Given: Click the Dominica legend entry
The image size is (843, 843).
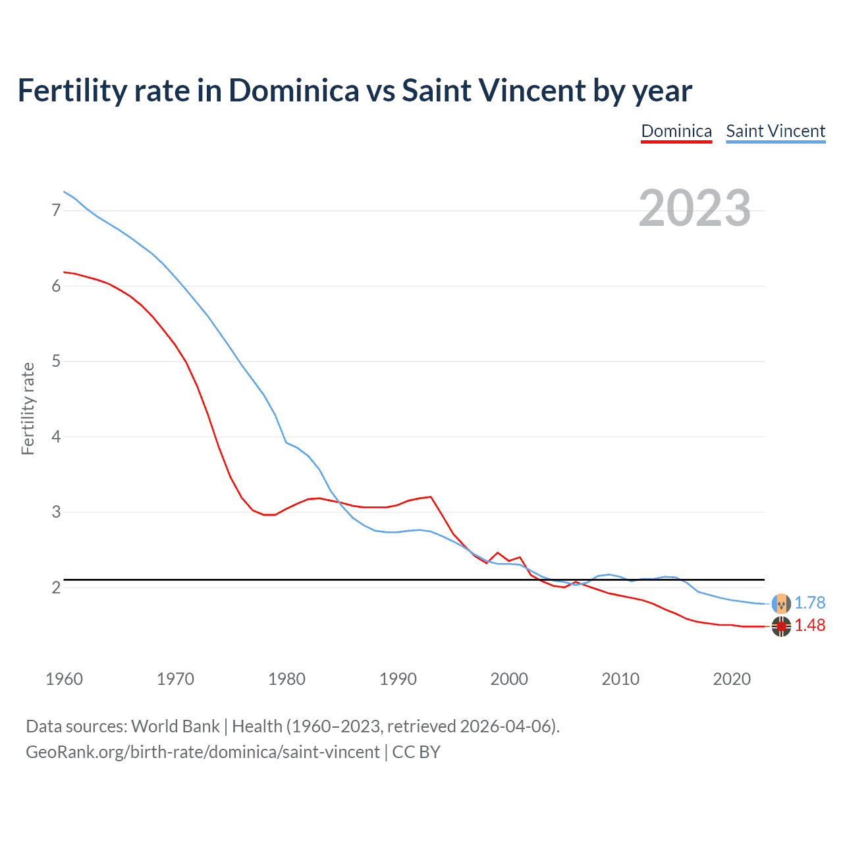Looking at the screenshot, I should coord(676,131).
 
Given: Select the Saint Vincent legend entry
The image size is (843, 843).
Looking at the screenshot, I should coord(775,131).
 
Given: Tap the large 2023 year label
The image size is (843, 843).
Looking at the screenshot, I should coord(694,208).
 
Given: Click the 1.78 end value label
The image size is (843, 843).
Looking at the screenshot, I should coord(809,603).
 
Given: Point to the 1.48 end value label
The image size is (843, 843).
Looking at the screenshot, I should coord(809,625).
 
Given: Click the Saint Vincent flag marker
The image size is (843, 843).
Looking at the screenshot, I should coord(781,603).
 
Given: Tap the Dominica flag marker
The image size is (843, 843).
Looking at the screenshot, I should coord(781,627).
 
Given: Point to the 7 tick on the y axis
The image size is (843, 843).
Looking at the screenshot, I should coord(56,211).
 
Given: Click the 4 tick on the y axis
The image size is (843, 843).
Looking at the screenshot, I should coord(56,437).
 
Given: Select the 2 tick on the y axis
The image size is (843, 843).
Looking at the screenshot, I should coord(56,587).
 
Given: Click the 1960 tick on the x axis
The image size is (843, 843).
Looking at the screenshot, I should coord(64,679).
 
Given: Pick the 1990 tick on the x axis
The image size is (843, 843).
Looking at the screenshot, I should coord(398,679).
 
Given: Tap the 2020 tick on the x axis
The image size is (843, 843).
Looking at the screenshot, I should coord(732,679).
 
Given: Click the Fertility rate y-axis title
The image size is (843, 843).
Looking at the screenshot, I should coord(28,408).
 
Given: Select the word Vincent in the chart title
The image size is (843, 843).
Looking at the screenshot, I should coord(531,91).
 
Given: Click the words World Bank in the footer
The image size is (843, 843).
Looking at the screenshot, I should coord(175,726).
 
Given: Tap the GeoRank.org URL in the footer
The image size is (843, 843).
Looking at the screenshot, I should coord(202,752).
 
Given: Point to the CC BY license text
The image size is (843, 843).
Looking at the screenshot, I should coord(416,752).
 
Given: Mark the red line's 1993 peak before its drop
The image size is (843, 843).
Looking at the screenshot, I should coord(431,497).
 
